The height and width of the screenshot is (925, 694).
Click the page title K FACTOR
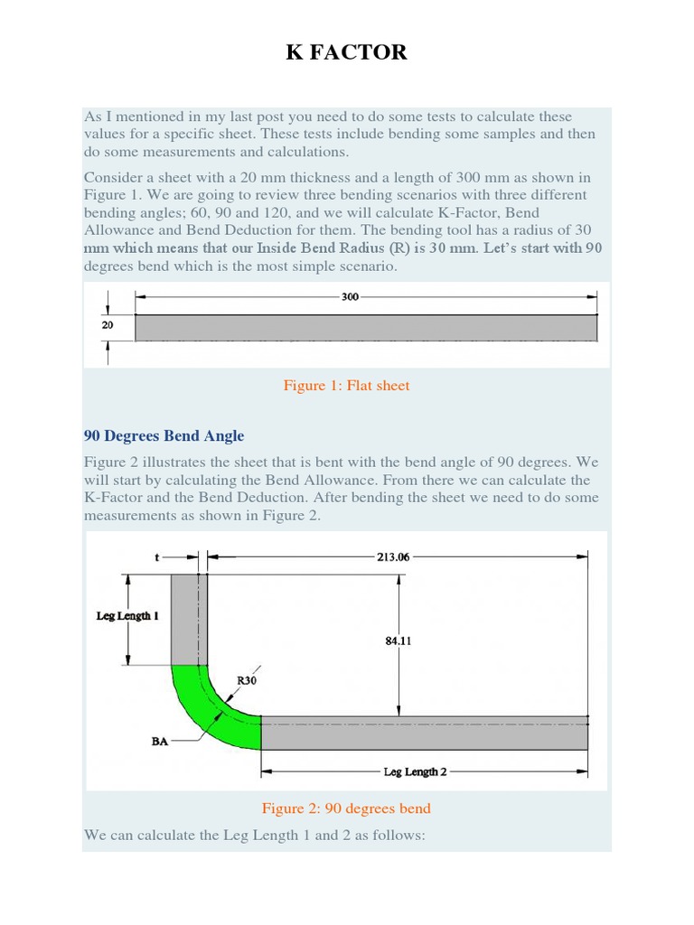click(347, 52)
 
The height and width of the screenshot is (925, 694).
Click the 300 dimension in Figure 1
click(350, 295)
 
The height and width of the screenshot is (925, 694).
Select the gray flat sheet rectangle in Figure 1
click(366, 328)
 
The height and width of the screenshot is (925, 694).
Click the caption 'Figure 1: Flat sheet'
click(346, 386)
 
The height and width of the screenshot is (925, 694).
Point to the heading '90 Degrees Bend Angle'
click(164, 435)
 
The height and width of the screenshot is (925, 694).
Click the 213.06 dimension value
click(393, 557)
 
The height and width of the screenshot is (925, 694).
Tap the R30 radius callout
click(246, 680)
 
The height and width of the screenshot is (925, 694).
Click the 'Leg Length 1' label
click(127, 616)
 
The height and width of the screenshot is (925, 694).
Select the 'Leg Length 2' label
click(415, 772)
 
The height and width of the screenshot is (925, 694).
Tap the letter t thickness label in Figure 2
click(157, 557)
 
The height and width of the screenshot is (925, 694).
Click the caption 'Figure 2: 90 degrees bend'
click(346, 808)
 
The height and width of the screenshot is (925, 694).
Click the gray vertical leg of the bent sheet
click(189, 619)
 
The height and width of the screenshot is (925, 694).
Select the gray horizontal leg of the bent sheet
click(425, 733)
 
